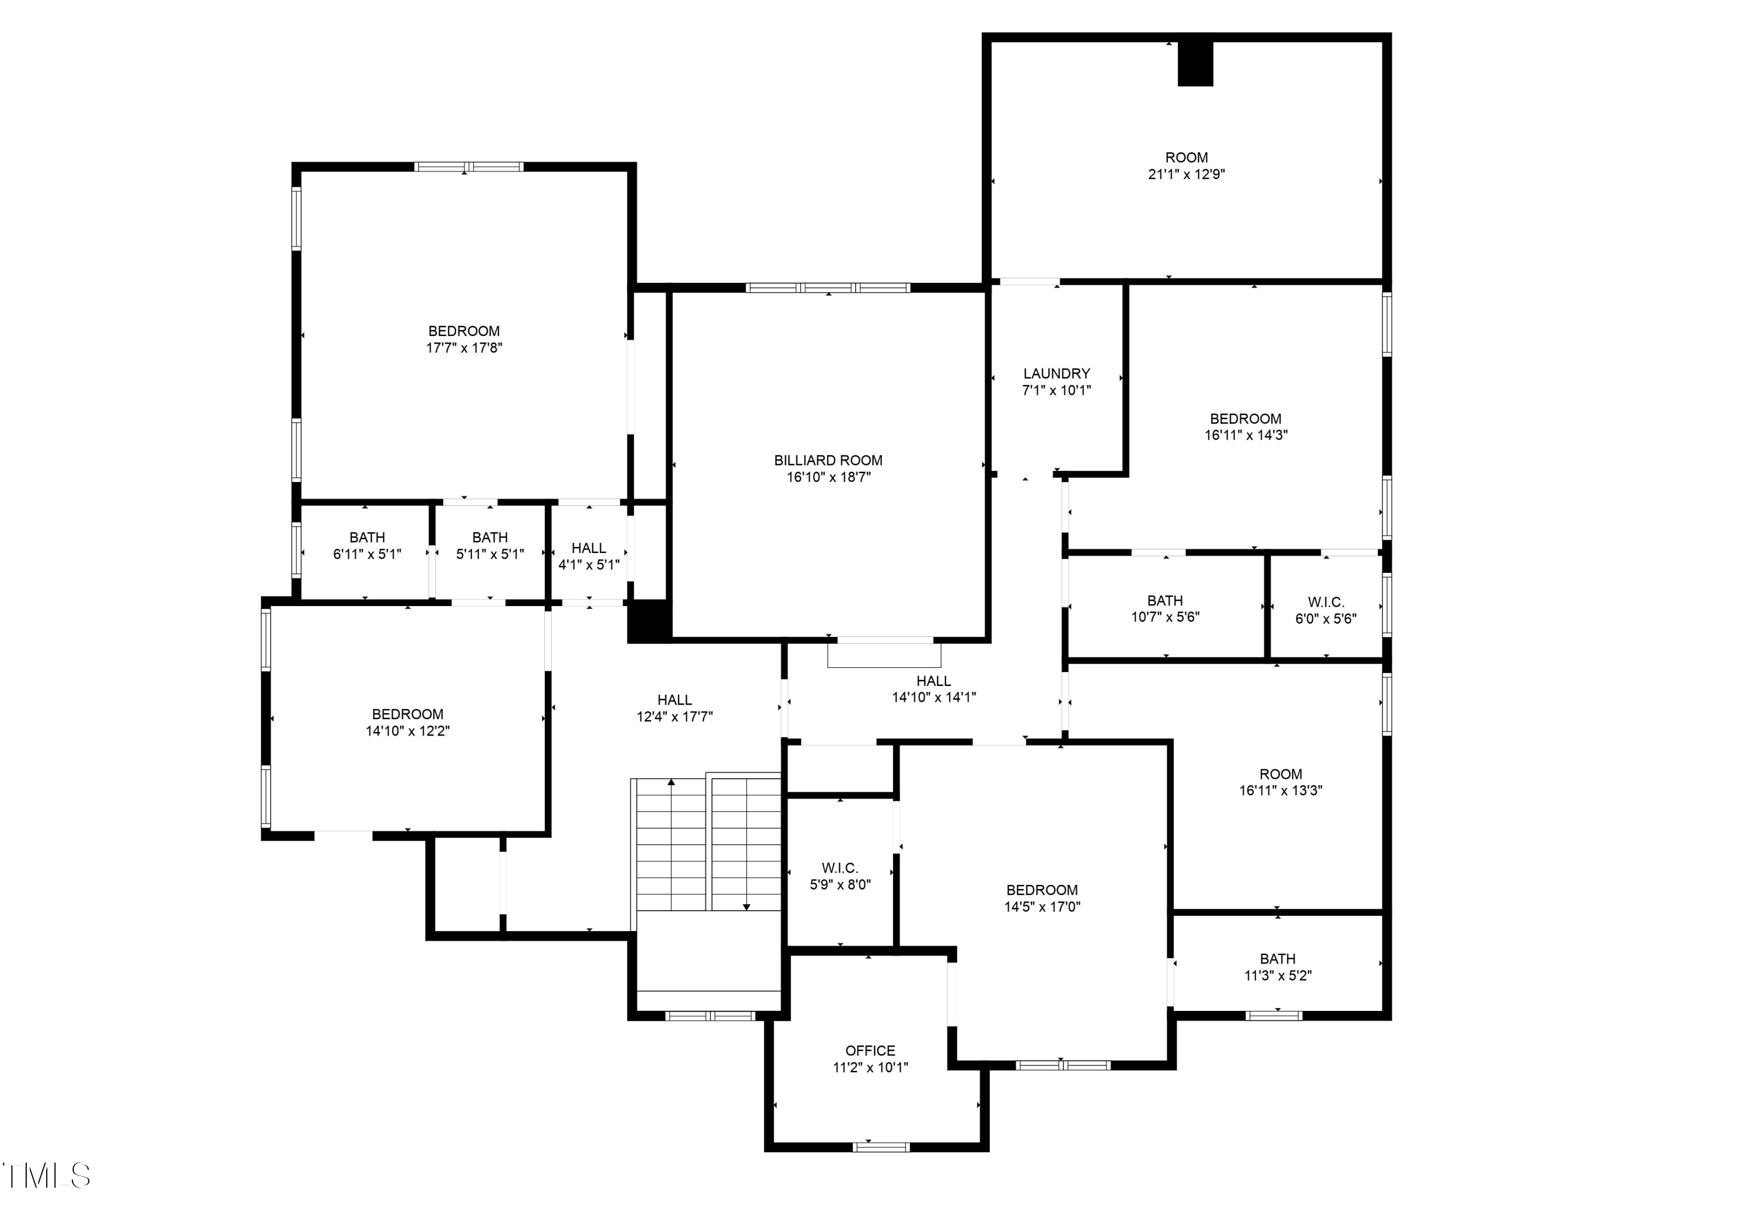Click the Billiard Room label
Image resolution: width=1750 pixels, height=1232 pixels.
(x=828, y=460)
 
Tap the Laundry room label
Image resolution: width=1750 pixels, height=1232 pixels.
(x=1056, y=373)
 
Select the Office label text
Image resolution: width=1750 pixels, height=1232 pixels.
(x=870, y=1051)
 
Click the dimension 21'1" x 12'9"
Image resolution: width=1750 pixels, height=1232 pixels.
(x=1186, y=174)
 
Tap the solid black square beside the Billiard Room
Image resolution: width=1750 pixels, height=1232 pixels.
(x=648, y=621)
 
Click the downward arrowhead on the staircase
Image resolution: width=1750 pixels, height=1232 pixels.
(x=746, y=907)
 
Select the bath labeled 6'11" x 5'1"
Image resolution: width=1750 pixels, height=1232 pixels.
(x=366, y=546)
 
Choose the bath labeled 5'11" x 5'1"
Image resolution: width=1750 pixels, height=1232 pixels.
(x=489, y=546)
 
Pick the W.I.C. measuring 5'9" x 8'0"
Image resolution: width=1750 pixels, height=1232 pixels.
(x=840, y=876)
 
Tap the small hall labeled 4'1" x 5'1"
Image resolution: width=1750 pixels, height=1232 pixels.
(x=589, y=556)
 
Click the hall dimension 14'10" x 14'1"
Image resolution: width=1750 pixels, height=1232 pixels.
(x=934, y=697)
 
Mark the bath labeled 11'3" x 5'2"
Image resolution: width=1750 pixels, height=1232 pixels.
(x=1277, y=967)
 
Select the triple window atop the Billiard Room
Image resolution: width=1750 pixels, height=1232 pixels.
(x=828, y=288)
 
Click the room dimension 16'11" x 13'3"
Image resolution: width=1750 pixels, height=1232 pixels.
(x=1280, y=790)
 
